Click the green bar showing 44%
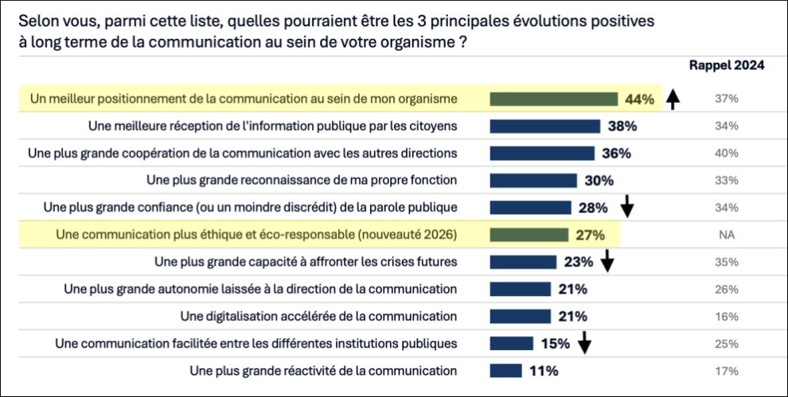point(553,99)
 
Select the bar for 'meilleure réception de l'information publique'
point(544,126)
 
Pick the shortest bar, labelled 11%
point(505,371)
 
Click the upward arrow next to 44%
point(673,99)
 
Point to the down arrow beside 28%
point(627,208)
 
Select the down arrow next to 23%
point(607,261)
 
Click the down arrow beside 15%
point(584,343)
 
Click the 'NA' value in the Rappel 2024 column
point(726,235)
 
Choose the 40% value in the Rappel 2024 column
point(726,153)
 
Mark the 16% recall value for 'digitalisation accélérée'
point(726,316)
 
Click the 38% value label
point(622,126)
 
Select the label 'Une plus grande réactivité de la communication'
point(323,371)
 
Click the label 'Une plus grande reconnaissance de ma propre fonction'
point(302,180)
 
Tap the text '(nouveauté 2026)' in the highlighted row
point(409,235)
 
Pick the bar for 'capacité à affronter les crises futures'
point(523,262)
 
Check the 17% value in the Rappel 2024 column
point(726,371)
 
